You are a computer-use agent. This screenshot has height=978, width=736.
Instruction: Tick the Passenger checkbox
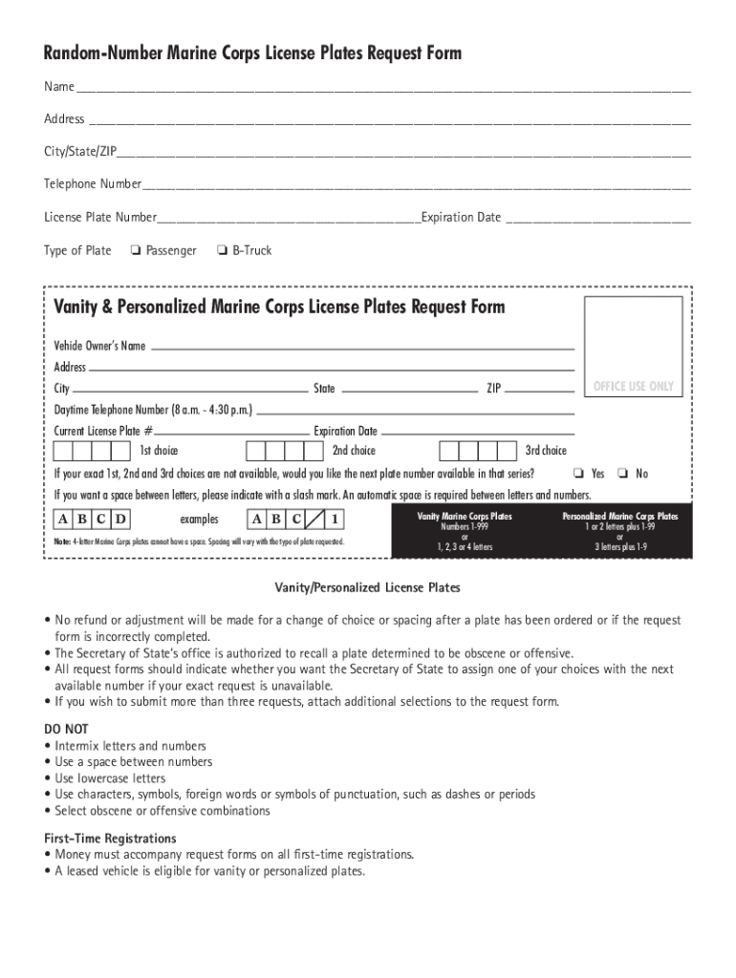click(136, 251)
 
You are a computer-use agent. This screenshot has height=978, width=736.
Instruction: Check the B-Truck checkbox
click(222, 251)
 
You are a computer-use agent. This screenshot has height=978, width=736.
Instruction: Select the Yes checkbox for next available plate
click(578, 474)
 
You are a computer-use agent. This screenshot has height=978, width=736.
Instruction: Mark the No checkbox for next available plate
click(622, 474)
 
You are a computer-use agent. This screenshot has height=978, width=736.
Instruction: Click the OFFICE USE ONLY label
click(633, 387)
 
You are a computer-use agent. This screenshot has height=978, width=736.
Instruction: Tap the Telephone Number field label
click(92, 183)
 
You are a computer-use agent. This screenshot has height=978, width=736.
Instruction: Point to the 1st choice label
click(159, 451)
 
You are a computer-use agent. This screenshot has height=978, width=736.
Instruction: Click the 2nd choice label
click(354, 451)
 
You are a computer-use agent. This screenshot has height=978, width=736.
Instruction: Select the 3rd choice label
click(546, 451)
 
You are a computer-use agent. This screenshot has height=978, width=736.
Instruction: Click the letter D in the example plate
click(120, 520)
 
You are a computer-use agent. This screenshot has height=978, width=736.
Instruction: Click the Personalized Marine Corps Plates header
click(620, 516)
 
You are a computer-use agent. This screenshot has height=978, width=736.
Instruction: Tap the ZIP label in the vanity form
click(493, 389)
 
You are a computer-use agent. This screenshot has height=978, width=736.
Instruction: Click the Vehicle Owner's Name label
click(99, 346)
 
